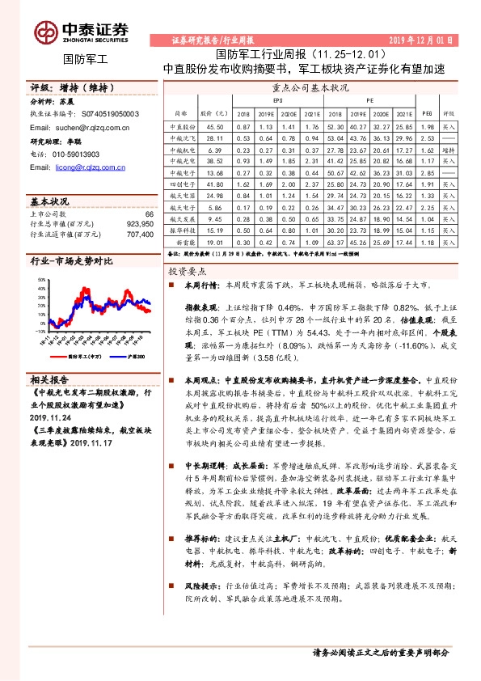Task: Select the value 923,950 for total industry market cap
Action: coord(139,223)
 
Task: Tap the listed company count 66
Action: coord(149,214)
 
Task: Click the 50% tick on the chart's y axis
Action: coord(40,279)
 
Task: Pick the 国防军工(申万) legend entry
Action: coord(83,354)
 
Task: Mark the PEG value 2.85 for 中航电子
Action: coord(428,173)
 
